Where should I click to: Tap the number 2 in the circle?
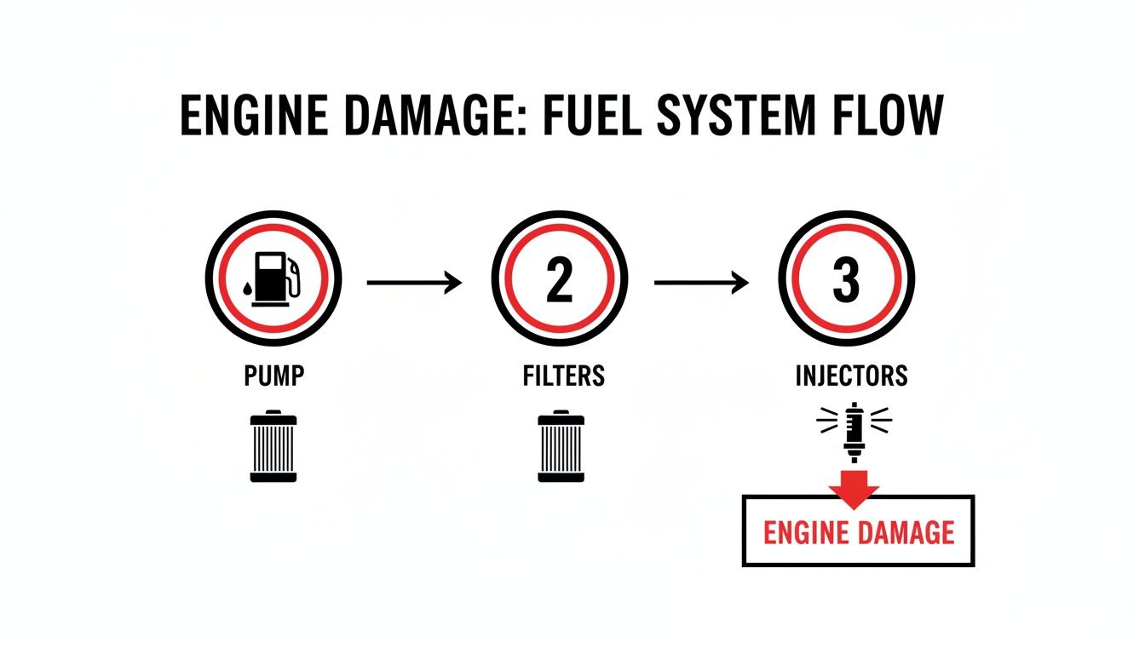tap(559, 282)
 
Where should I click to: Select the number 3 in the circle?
tap(846, 282)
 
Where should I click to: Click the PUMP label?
tap(273, 376)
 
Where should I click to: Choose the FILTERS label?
tap(563, 376)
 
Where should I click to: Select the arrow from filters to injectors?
tap(700, 282)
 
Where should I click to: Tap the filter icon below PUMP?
tap(273, 447)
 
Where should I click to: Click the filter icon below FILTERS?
tap(561, 447)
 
